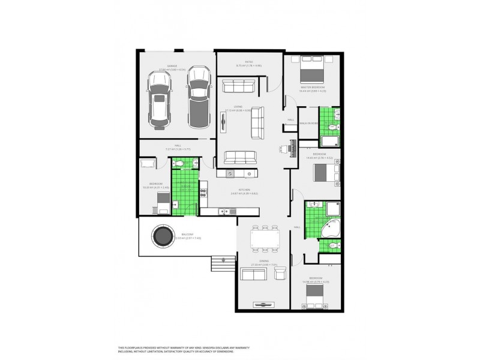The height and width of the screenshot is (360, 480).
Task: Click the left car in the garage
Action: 160,104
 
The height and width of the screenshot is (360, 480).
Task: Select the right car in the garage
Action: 199,97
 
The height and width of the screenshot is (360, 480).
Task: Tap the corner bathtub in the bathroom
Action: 329,229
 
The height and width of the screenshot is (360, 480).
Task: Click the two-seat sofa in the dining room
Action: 253,275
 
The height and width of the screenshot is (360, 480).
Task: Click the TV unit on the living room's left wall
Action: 224,122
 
